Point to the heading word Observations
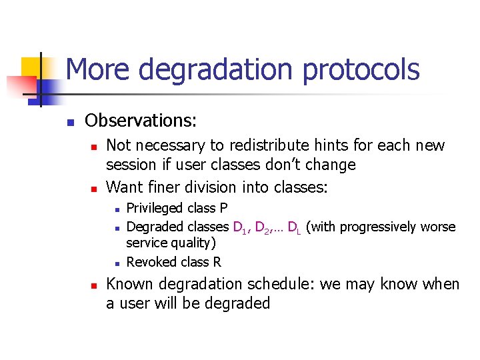click(x=141, y=121)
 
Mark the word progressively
click(x=379, y=227)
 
